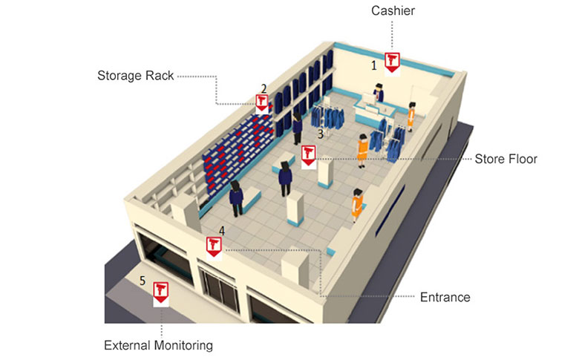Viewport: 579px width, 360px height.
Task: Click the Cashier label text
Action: click(x=393, y=10)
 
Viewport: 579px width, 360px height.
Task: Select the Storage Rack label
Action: click(x=136, y=76)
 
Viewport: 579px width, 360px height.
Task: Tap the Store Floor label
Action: click(x=506, y=159)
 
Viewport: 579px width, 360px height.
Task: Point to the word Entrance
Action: click(x=445, y=297)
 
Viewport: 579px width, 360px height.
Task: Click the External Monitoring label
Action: click(x=158, y=346)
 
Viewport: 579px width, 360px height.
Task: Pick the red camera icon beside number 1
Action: click(x=392, y=62)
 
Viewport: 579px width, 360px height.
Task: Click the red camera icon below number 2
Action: click(x=262, y=103)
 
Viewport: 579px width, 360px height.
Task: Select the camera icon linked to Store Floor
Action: click(x=309, y=156)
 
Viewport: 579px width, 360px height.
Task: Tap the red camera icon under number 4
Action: click(x=214, y=247)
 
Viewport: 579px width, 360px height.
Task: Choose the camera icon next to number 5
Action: click(x=161, y=293)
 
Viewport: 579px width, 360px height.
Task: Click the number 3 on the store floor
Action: click(x=321, y=134)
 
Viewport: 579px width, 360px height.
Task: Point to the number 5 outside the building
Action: click(x=143, y=281)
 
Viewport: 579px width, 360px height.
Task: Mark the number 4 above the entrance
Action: click(x=222, y=231)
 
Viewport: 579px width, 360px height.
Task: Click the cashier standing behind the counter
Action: click(x=378, y=92)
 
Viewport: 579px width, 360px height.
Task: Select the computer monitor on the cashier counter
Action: click(x=367, y=99)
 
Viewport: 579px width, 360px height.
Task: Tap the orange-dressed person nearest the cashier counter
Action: click(x=411, y=117)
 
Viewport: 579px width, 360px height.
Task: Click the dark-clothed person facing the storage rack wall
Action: click(x=297, y=128)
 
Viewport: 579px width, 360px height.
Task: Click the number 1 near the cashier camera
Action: click(x=374, y=65)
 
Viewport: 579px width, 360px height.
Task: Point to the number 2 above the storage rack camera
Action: click(x=264, y=88)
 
